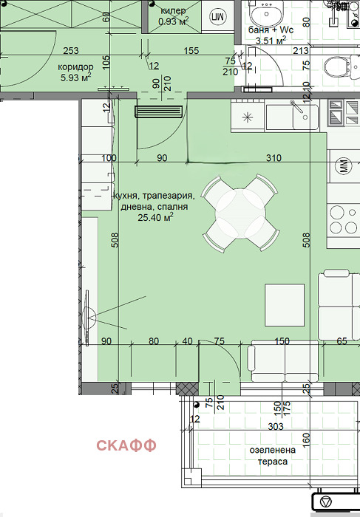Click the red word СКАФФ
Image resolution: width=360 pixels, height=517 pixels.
click(x=126, y=445)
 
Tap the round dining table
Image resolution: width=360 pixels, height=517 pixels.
click(x=241, y=213)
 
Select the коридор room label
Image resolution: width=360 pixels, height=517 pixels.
click(x=75, y=67)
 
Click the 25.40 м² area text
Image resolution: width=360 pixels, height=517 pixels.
click(x=156, y=217)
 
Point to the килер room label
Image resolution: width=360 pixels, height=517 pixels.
click(x=173, y=11)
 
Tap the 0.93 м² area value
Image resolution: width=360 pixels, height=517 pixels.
click(x=174, y=21)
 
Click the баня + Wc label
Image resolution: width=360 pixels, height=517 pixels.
click(x=271, y=30)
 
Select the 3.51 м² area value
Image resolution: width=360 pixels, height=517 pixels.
click(x=271, y=41)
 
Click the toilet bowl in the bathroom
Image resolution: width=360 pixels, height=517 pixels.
click(x=337, y=66)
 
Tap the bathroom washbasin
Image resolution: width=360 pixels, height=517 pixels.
click(x=266, y=13)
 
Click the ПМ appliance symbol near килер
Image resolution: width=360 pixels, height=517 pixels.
click(x=217, y=17)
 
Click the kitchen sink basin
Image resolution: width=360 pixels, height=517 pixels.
click(x=292, y=117)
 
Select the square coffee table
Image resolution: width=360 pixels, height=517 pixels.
click(x=285, y=305)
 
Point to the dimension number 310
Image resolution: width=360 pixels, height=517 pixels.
click(x=274, y=158)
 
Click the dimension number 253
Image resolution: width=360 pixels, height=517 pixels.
click(x=71, y=50)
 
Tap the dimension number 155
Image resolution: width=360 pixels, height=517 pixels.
click(x=191, y=50)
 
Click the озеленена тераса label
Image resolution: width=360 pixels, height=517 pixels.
click(x=273, y=456)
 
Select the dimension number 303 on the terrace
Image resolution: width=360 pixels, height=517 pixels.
click(x=276, y=427)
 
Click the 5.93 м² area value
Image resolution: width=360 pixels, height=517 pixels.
click(x=76, y=78)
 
